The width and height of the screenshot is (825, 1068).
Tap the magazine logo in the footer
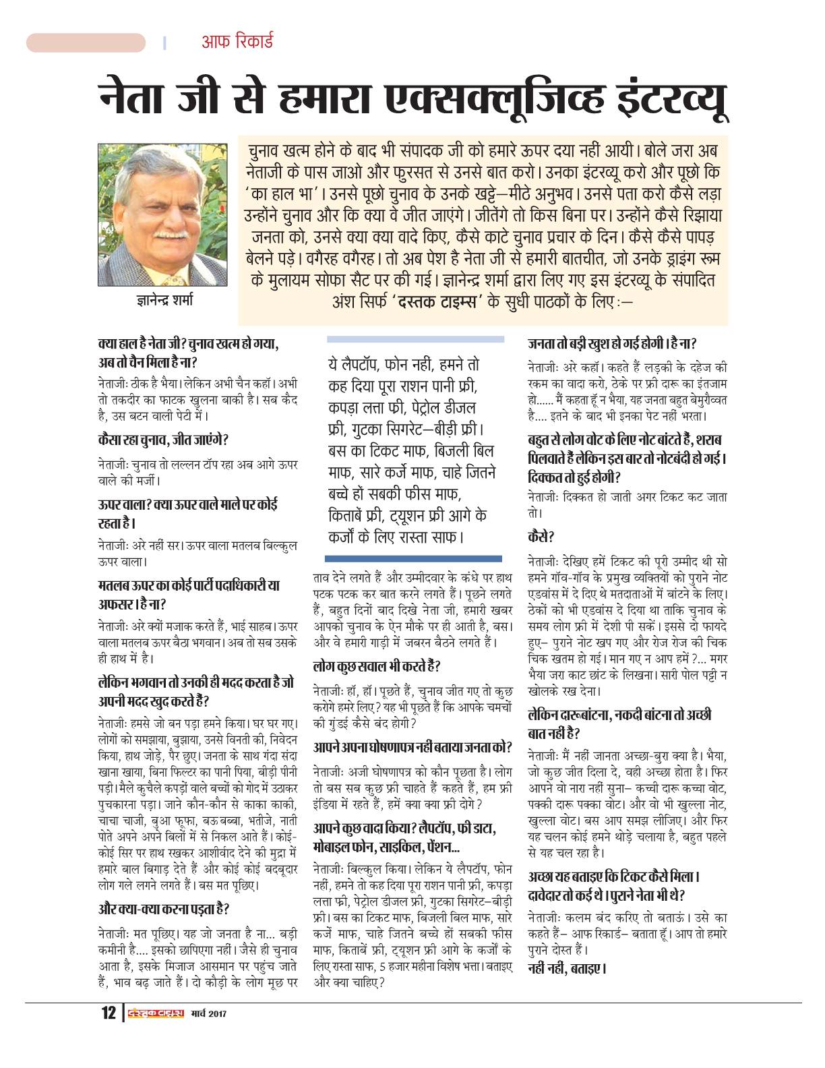pos(157,1013)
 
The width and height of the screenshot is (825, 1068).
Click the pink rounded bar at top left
pos(86,42)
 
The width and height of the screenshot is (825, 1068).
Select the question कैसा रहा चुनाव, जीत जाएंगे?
pos(162,440)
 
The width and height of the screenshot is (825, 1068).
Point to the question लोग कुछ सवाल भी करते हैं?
pos(377,667)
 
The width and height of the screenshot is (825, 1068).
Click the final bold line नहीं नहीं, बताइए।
pos(568,969)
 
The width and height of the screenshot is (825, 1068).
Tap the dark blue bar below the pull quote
pos(413,558)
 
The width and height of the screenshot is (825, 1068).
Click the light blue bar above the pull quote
pos(415,340)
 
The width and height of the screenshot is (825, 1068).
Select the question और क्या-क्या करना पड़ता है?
pos(164,909)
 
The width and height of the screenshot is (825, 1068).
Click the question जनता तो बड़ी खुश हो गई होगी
pos(612,343)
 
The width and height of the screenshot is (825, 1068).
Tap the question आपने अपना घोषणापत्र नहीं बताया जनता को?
pos(413,747)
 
